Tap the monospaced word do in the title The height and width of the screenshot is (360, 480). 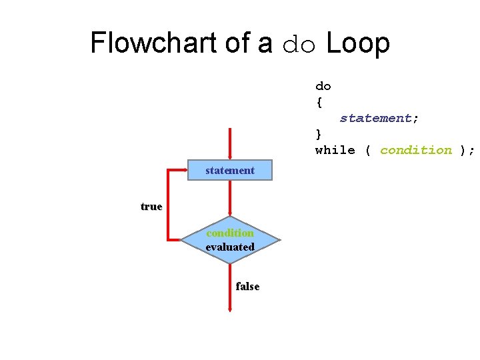tap(298, 44)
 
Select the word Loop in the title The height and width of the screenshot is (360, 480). tap(358, 43)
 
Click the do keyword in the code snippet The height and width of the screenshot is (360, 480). tap(323, 86)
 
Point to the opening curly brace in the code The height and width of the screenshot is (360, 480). tap(319, 102)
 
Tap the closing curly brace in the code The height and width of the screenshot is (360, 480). tap(319, 134)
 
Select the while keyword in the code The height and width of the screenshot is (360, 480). tap(335, 150)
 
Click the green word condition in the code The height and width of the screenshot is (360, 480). tap(416, 150)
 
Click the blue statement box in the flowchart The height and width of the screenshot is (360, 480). tap(230, 171)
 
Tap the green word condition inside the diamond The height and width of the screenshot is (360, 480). tap(230, 233)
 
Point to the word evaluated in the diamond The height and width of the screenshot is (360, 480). tap(230, 247)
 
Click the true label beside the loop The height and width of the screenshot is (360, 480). tap(151, 206)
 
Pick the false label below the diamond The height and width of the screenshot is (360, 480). tap(247, 286)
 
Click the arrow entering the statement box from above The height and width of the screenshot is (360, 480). tap(230, 143)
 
